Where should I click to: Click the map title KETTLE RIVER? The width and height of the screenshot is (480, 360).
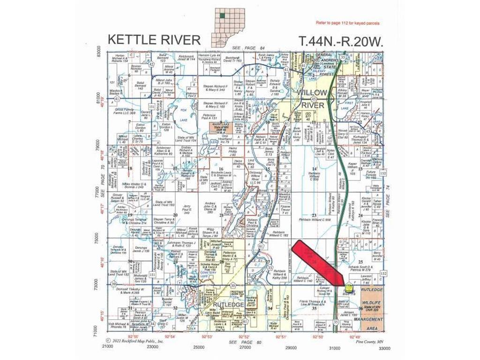tap(154, 39)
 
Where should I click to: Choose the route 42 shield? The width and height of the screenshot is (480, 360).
tap(150, 64)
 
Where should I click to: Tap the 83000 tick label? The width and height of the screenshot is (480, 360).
tap(98, 50)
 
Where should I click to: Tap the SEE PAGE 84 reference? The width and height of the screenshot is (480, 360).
tap(249, 48)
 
